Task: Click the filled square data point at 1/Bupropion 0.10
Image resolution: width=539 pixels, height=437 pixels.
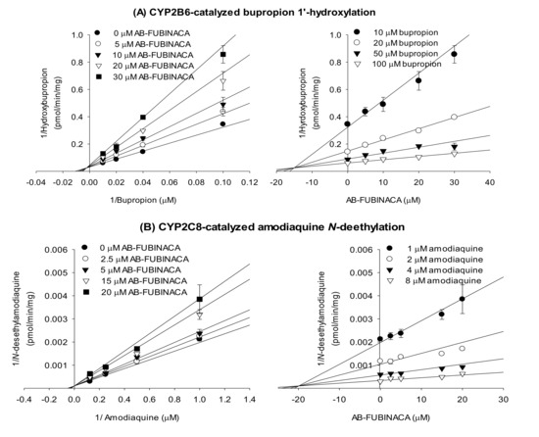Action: [223, 55]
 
